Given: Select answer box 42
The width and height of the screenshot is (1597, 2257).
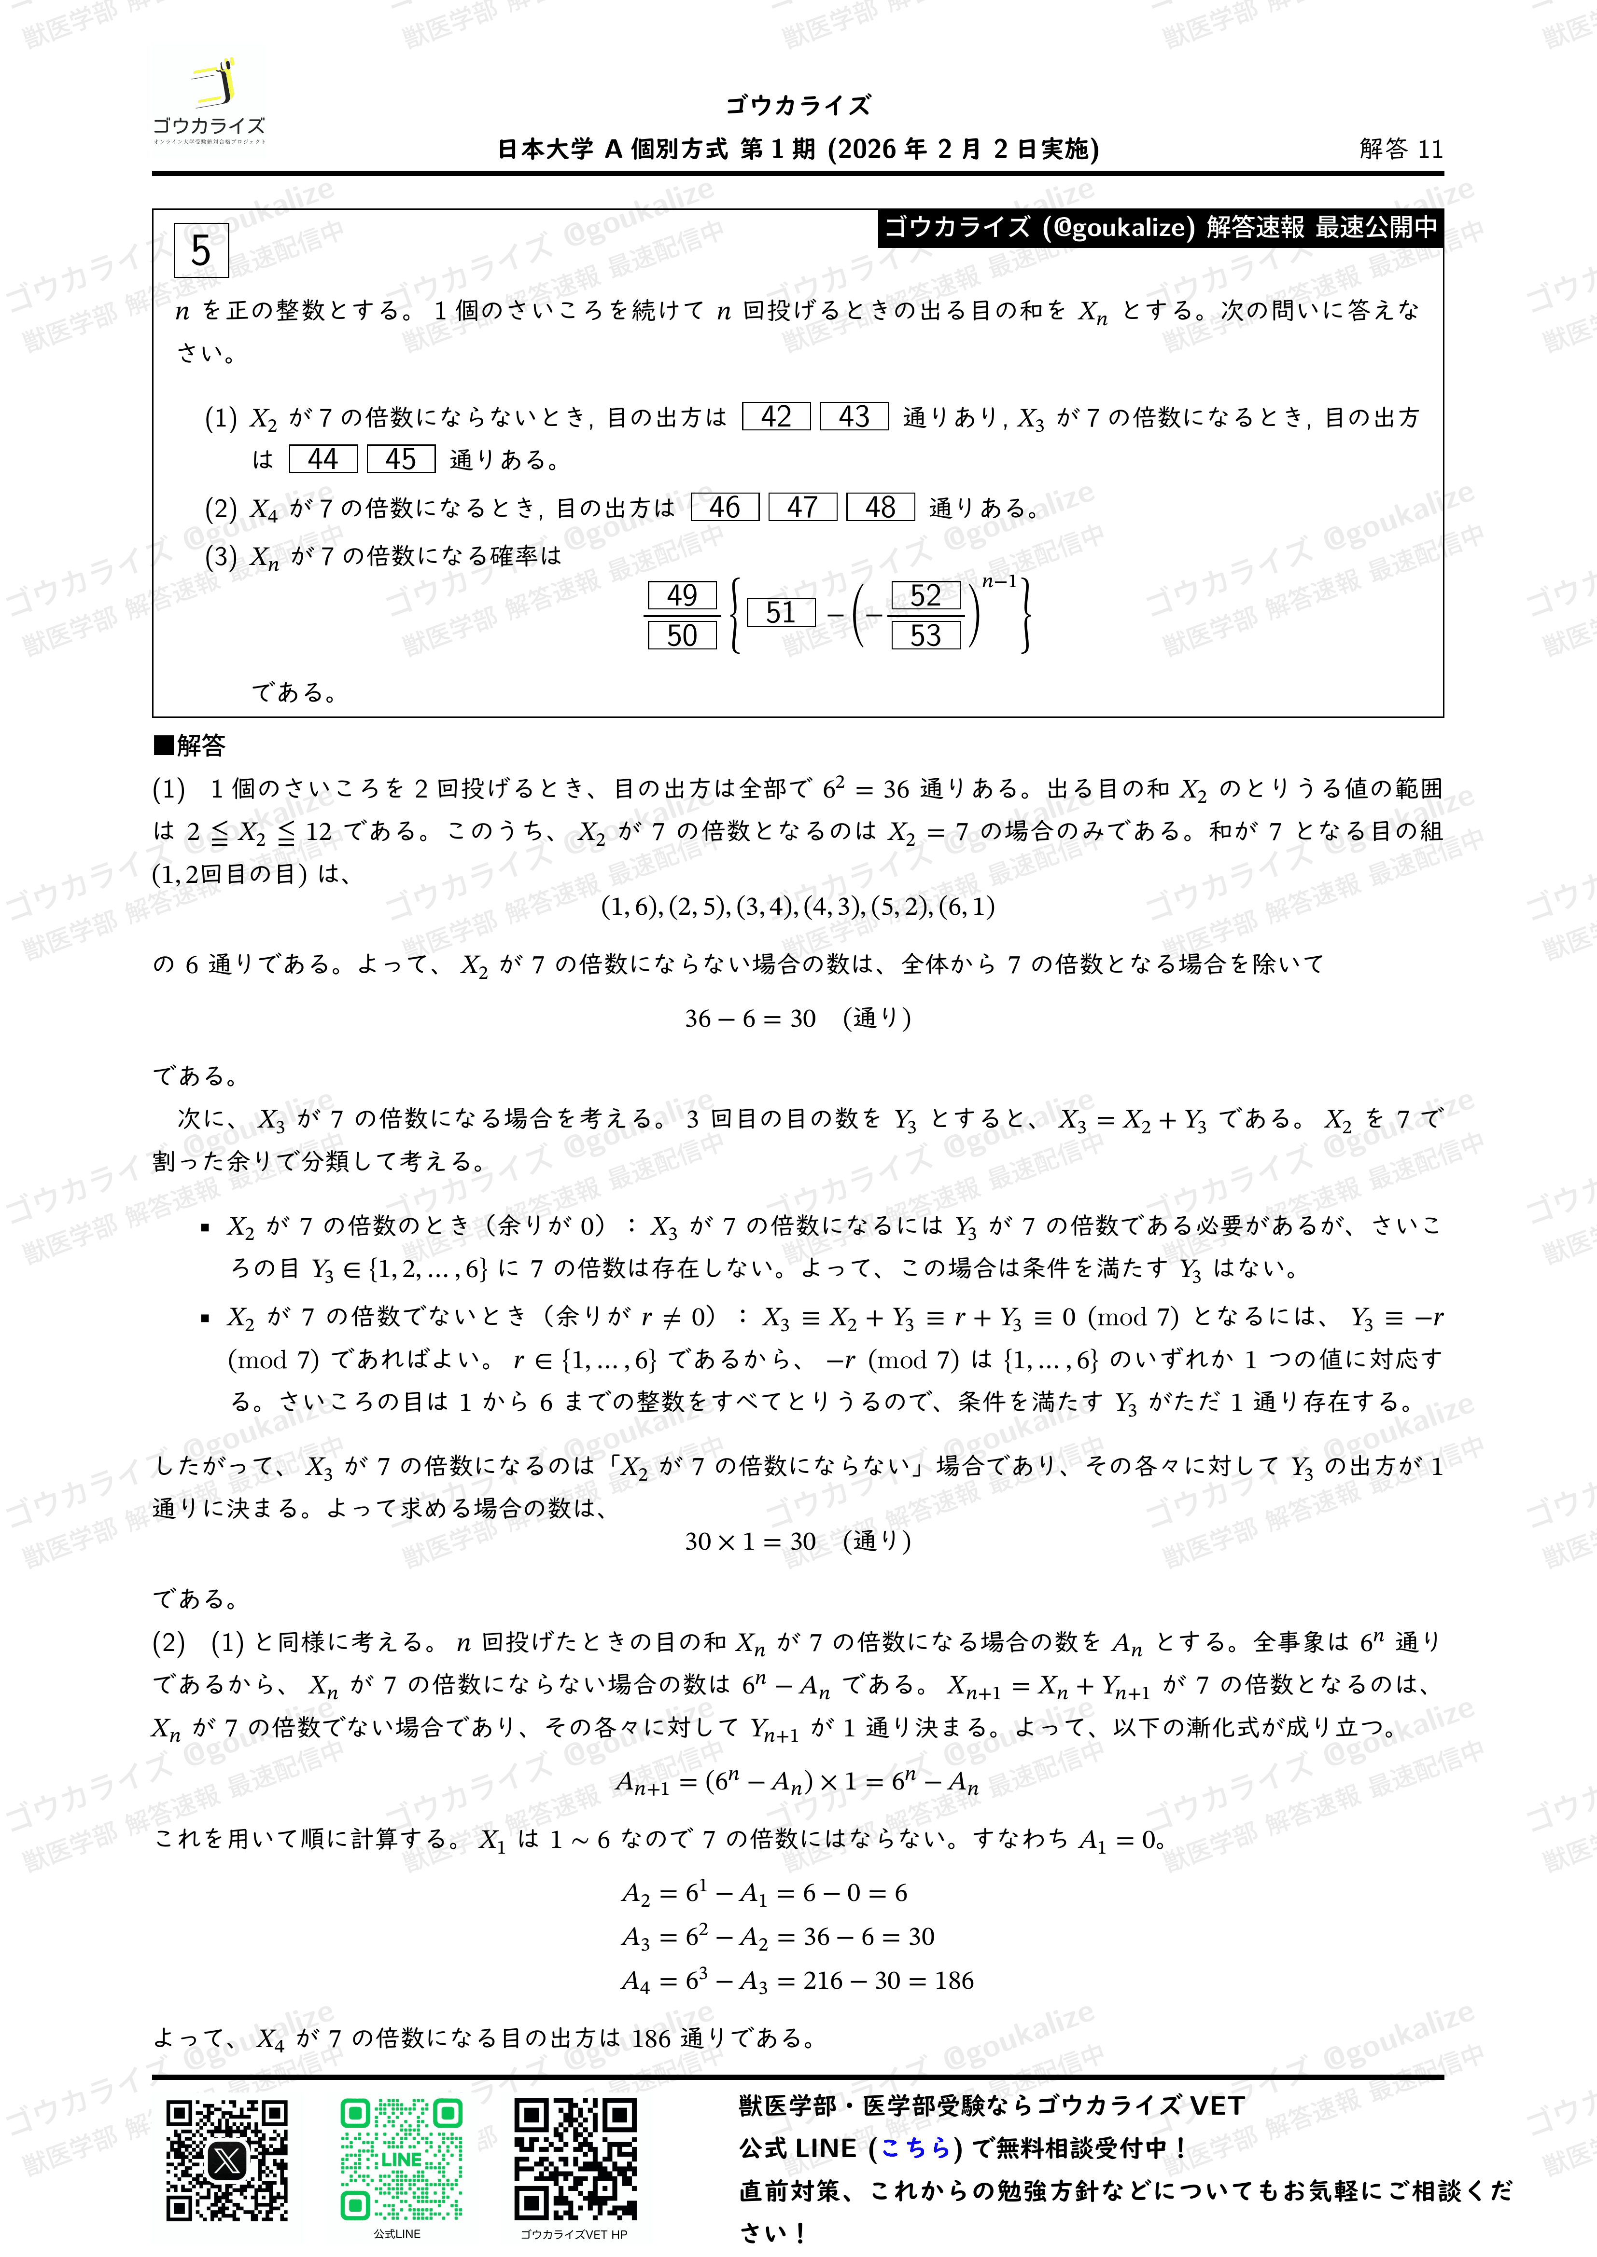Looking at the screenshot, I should pos(776,417).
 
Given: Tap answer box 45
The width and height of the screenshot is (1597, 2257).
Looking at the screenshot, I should pos(400,459).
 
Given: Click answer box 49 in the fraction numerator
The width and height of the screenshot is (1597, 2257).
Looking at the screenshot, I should pos(682,596).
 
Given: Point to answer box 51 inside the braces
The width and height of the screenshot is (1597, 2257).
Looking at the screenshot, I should pos(781,613).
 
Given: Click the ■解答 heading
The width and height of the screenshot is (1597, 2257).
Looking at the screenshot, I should pos(190,745).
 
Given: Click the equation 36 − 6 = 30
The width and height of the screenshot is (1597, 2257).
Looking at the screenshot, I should pos(750,1018).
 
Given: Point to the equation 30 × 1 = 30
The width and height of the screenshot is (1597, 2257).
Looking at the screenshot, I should pos(750,1541).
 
